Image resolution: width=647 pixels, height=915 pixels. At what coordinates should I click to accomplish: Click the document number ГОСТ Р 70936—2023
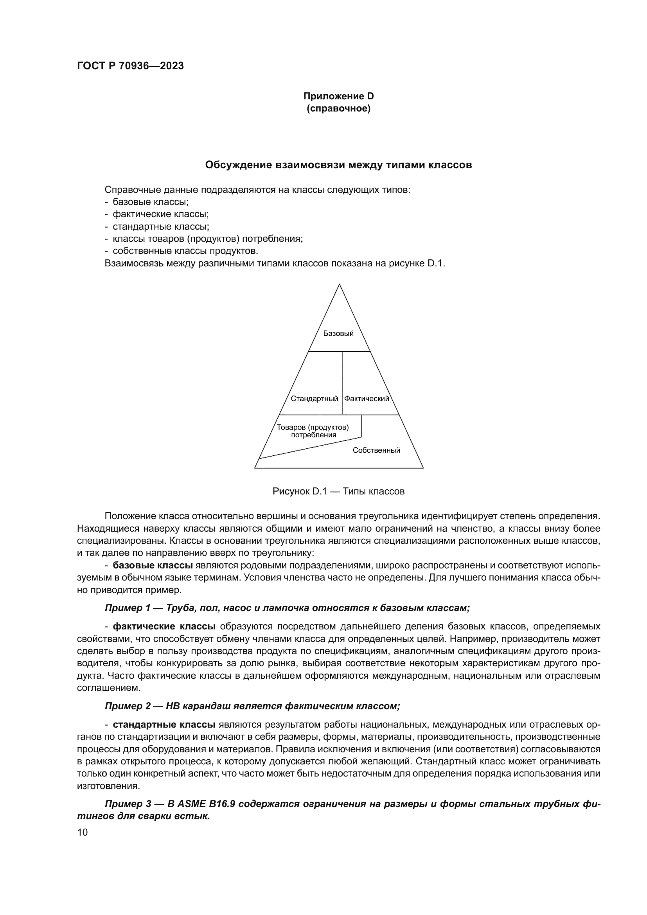pyautogui.click(x=130, y=66)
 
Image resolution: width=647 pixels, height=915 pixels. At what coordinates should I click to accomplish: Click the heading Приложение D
pyautogui.click(x=338, y=96)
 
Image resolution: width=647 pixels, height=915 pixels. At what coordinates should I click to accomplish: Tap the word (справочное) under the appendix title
pyautogui.click(x=338, y=109)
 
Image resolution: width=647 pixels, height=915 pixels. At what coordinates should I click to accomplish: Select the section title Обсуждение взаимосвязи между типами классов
pyautogui.click(x=338, y=165)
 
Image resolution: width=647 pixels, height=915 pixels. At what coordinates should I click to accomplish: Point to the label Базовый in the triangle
pyautogui.click(x=338, y=334)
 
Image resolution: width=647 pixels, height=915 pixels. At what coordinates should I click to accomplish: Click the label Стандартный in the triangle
pyautogui.click(x=315, y=399)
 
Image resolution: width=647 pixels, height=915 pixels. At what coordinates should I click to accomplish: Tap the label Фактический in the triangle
pyautogui.click(x=367, y=399)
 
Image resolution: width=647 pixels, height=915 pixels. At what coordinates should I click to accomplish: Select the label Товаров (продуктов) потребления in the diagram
pyautogui.click(x=313, y=431)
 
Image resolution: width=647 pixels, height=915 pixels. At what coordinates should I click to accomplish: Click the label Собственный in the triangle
pyautogui.click(x=376, y=450)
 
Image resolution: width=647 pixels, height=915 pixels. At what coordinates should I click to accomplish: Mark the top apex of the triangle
pyautogui.click(x=339, y=284)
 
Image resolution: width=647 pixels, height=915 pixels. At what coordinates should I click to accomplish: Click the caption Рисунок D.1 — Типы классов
pyautogui.click(x=338, y=491)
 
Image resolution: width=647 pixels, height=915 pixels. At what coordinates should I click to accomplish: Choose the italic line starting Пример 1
pyautogui.click(x=287, y=608)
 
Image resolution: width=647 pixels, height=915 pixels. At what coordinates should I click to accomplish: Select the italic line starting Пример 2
pyautogui.click(x=252, y=706)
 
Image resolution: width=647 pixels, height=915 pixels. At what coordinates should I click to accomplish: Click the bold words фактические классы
pyautogui.click(x=164, y=626)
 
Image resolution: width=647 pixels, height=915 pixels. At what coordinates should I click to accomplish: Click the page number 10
pyautogui.click(x=83, y=832)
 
